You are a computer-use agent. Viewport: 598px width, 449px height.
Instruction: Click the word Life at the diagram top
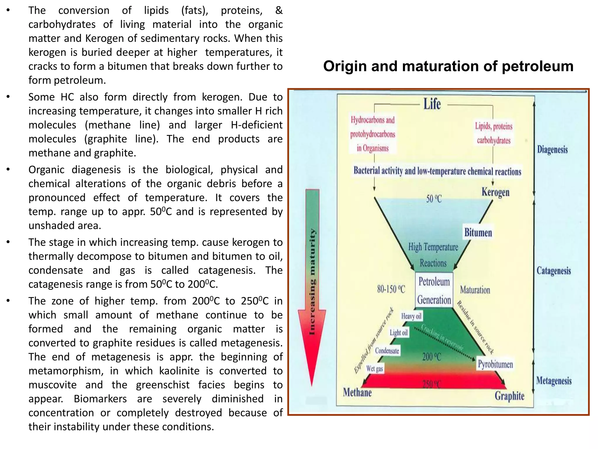[432, 104]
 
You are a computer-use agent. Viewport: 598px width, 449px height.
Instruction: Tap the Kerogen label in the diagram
[495, 192]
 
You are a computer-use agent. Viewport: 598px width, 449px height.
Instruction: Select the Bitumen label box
[478, 233]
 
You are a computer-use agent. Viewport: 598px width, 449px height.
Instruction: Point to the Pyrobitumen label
[495, 364]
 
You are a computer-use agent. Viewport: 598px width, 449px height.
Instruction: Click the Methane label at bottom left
[357, 392]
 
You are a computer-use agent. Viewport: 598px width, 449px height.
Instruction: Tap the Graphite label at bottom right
[509, 396]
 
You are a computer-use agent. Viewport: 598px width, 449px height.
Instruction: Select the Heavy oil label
[411, 316]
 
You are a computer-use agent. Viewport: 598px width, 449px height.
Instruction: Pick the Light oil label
[399, 333]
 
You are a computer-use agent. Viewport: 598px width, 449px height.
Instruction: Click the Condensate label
[387, 350]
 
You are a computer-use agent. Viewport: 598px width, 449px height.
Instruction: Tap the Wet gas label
[375, 369]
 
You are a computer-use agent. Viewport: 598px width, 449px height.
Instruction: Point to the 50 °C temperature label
[434, 199]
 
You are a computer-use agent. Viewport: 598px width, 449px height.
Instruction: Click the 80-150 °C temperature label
[391, 289]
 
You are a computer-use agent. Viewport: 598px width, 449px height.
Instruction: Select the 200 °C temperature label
[432, 357]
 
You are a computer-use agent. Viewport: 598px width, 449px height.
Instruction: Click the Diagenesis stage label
[552, 150]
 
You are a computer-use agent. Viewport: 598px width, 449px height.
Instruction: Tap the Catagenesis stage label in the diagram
[554, 271]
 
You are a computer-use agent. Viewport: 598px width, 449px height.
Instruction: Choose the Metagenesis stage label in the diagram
[554, 381]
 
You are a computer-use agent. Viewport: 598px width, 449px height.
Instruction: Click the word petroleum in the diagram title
[538, 66]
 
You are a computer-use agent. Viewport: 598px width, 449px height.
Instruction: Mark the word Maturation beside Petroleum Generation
[475, 290]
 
